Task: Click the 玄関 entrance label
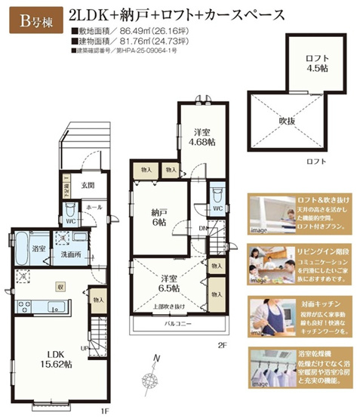[x=88, y=185]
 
